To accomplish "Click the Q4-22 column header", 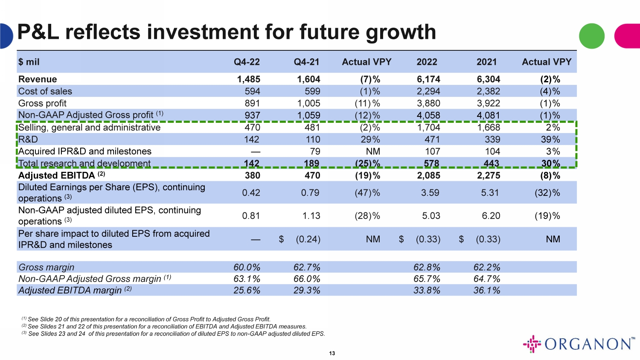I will tap(247, 62).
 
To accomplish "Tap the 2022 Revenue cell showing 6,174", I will tap(428, 79).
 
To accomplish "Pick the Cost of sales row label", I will tap(45, 91).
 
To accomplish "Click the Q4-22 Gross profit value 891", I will tap(252, 103).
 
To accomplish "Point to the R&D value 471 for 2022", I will tap(432, 139).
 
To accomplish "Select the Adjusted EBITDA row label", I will tap(57, 175).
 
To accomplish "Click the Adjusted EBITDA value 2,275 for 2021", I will tap(489, 175).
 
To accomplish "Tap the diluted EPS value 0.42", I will tap(251, 193).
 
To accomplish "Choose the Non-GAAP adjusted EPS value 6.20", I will tap(491, 216).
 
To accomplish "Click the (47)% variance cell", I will tap(367, 193).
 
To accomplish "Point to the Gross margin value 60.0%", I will tap(247, 267).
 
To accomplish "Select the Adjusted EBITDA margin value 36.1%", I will tap(487, 290).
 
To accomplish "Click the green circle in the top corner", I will tap(591, 36).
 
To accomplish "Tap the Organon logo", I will tap(579, 344).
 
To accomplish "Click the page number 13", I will tap(332, 353).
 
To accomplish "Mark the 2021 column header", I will tap(486, 62).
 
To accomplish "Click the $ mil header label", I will tap(29, 62).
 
